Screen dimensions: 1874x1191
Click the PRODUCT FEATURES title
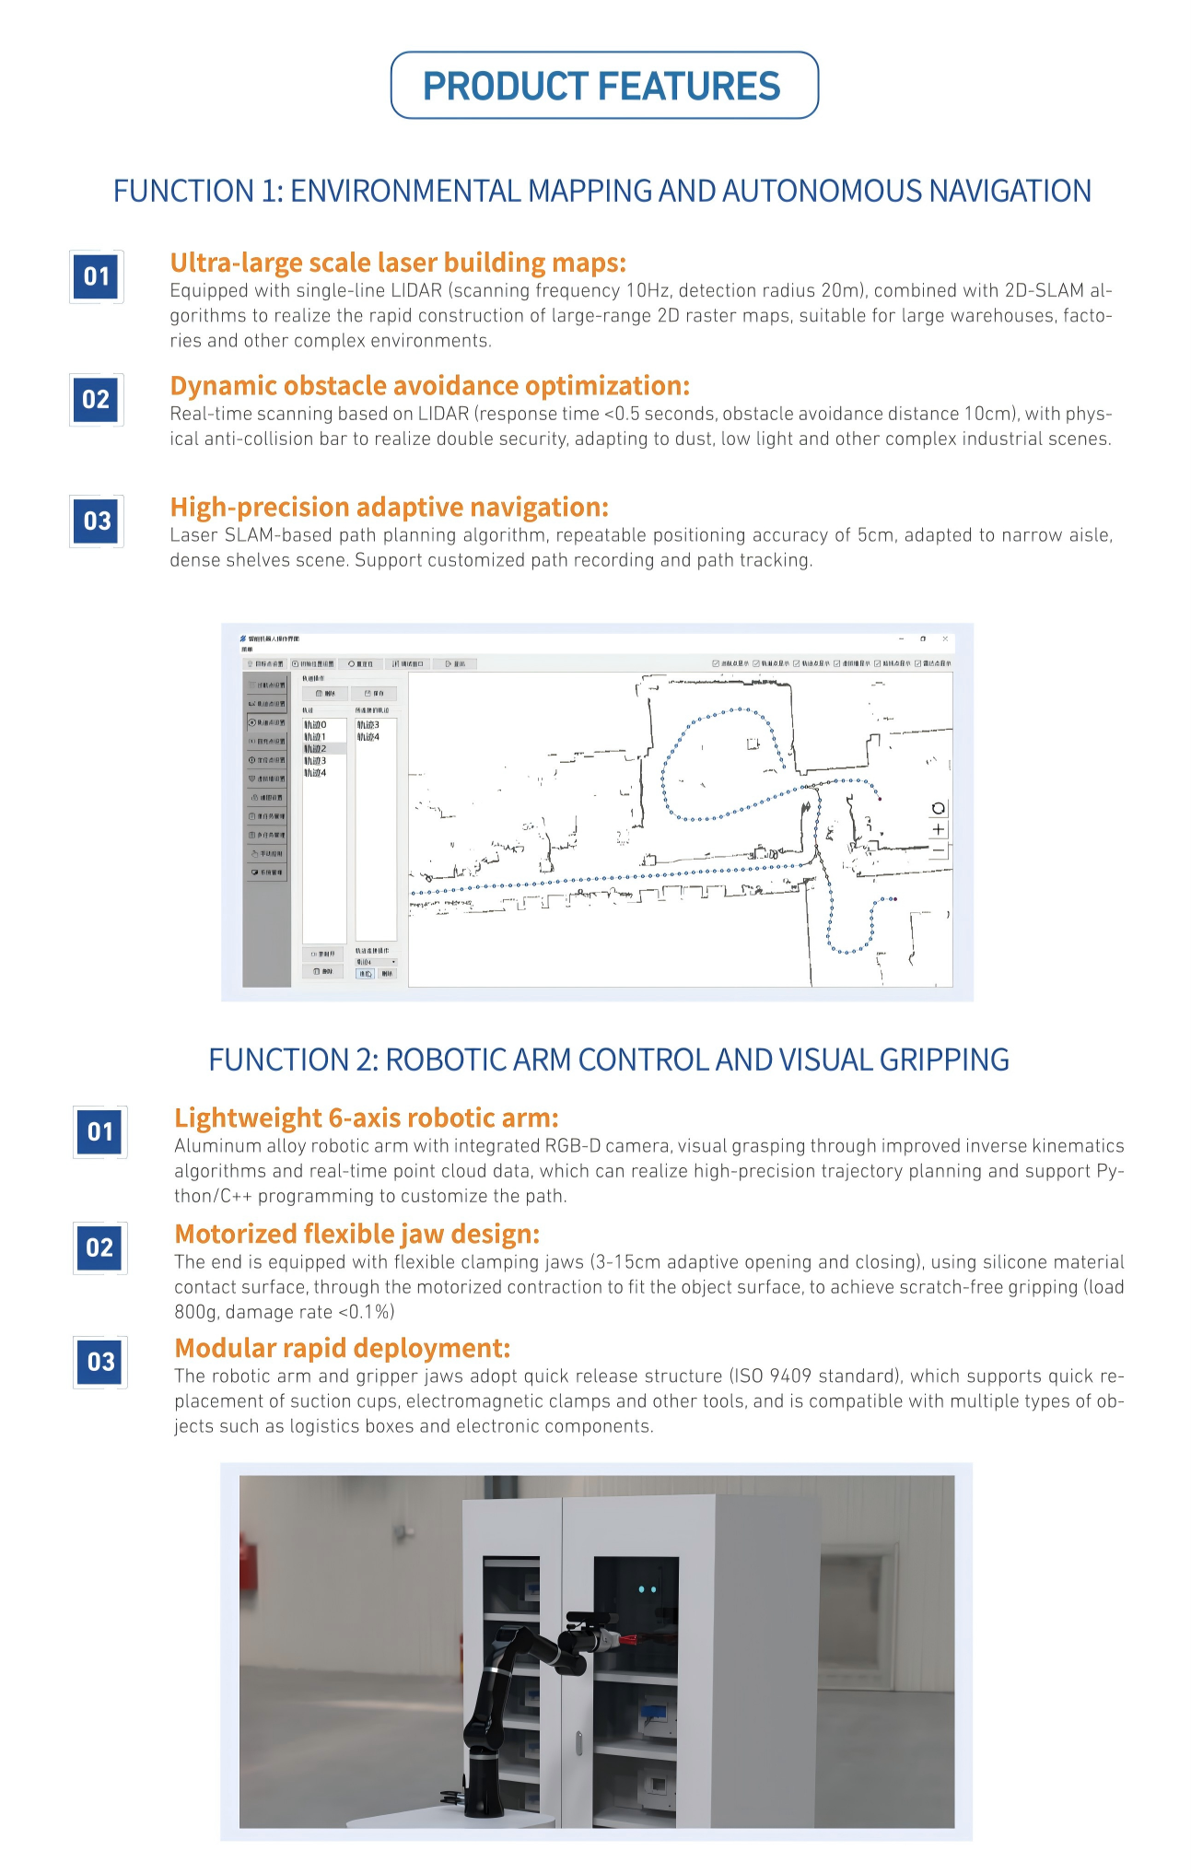pyautogui.click(x=601, y=86)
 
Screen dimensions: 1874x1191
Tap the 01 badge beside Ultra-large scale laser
pyautogui.click(x=97, y=276)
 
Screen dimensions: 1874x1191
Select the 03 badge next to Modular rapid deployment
pyautogui.click(x=100, y=1362)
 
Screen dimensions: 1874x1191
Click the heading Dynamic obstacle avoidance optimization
pyautogui.click(x=429, y=385)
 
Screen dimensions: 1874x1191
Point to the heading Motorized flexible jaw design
pyautogui.click(x=356, y=1234)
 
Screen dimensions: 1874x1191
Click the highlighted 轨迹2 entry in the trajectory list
pyautogui.click(x=316, y=749)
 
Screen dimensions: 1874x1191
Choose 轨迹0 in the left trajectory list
pyautogui.click(x=316, y=725)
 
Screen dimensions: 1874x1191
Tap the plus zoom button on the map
pyautogui.click(x=938, y=829)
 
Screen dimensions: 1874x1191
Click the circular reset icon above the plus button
pyautogui.click(x=938, y=809)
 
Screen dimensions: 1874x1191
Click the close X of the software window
pyautogui.click(x=945, y=638)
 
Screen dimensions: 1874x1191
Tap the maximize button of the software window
pyautogui.click(x=923, y=638)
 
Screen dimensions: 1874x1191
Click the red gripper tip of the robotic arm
pyautogui.click(x=631, y=1639)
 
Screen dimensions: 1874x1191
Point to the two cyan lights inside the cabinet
pyautogui.click(x=648, y=1589)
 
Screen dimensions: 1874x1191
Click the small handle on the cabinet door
pyautogui.click(x=578, y=1743)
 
